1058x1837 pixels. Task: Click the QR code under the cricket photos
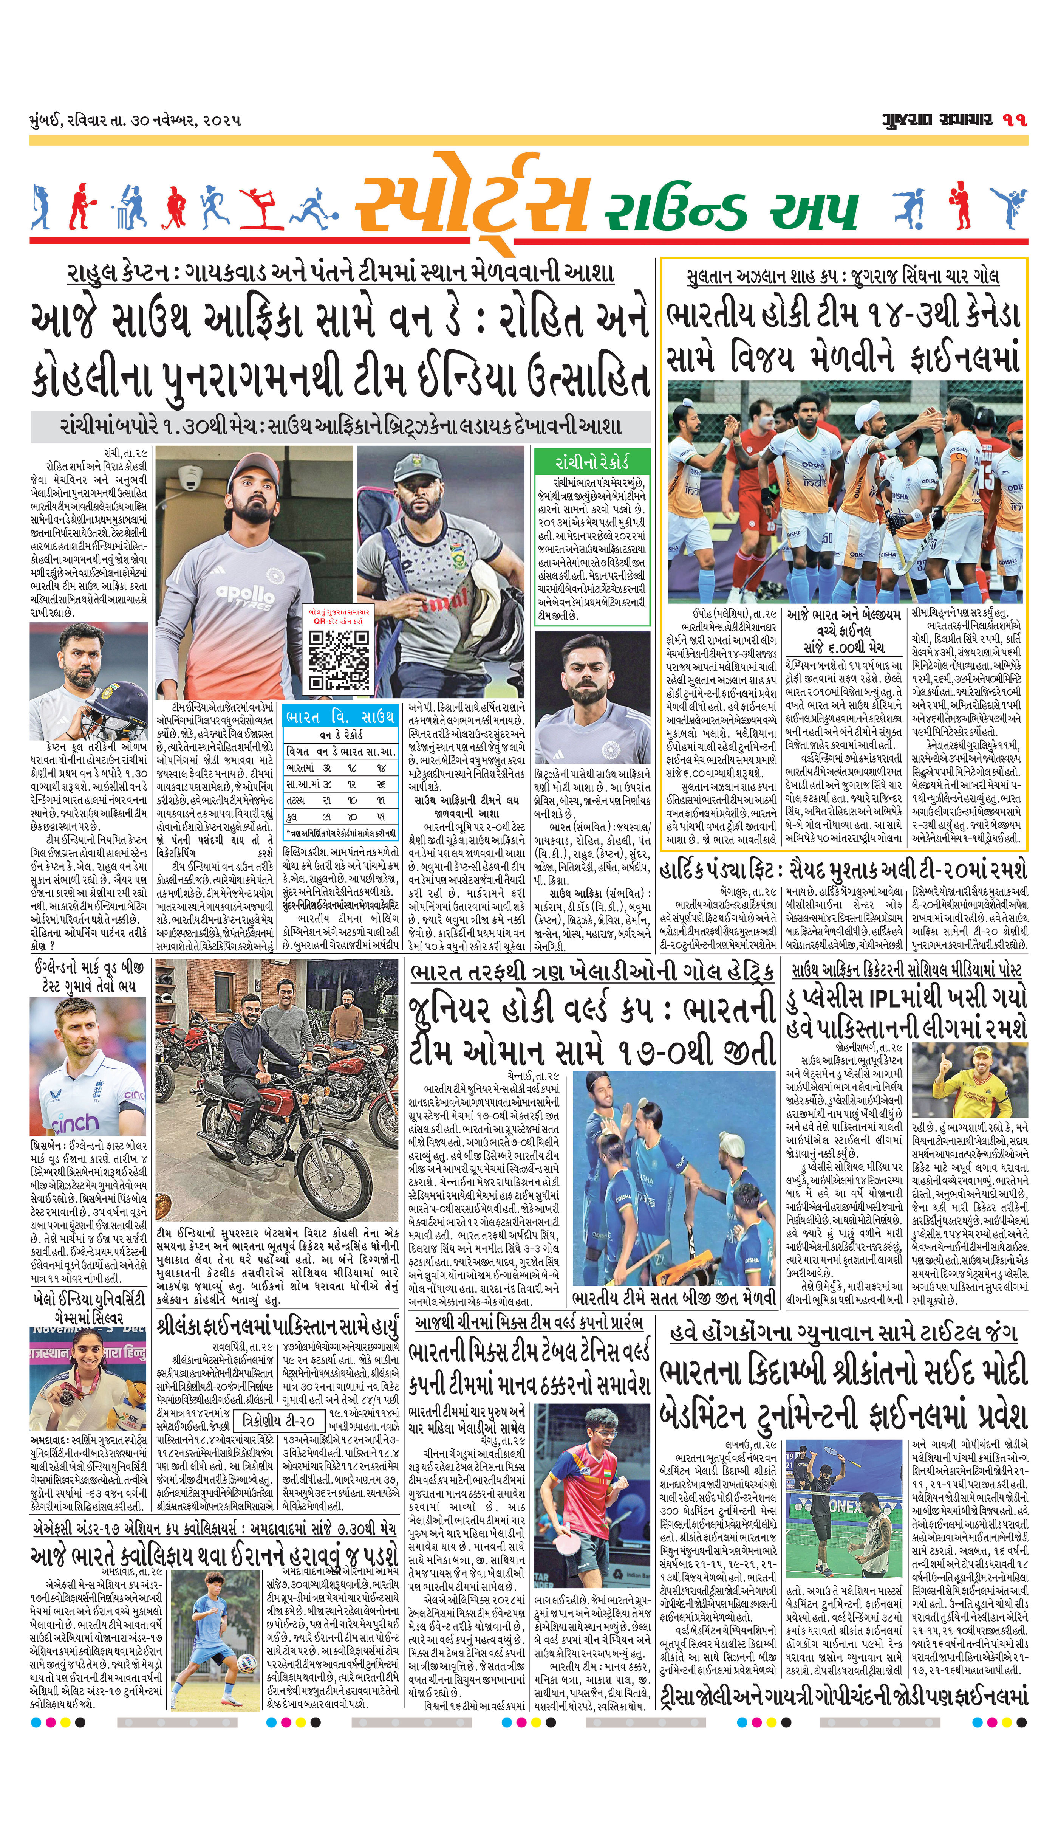click(339, 660)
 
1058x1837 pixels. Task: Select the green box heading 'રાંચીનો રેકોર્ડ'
click(591, 462)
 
